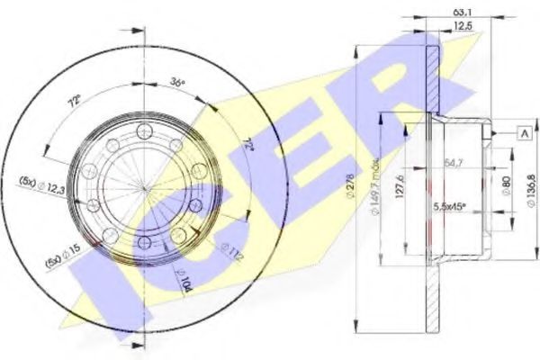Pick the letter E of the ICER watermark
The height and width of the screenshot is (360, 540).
tap(297, 144)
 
